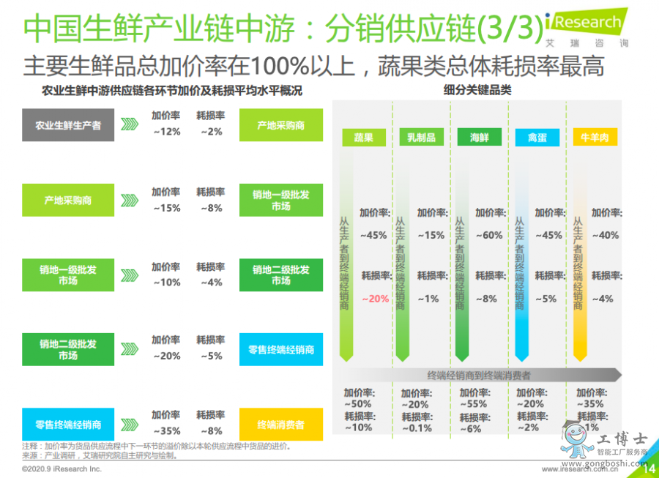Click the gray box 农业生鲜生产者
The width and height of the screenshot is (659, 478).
[x=68, y=125]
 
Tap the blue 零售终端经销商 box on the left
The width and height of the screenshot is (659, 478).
[x=68, y=425]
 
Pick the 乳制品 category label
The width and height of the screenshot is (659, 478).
[x=422, y=138]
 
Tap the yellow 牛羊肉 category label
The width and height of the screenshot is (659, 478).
[x=595, y=138]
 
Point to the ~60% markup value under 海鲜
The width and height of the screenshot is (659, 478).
[x=489, y=236]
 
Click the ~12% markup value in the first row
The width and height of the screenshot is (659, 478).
[x=166, y=132]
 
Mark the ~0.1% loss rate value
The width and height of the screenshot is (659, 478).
[x=415, y=428]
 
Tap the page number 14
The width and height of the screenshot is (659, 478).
[x=648, y=469]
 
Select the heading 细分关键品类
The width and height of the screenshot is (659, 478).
[x=477, y=91]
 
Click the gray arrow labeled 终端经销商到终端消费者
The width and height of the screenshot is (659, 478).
[x=480, y=375]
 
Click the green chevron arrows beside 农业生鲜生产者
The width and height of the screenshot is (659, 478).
[x=130, y=124]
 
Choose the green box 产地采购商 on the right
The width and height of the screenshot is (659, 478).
[x=280, y=125]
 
